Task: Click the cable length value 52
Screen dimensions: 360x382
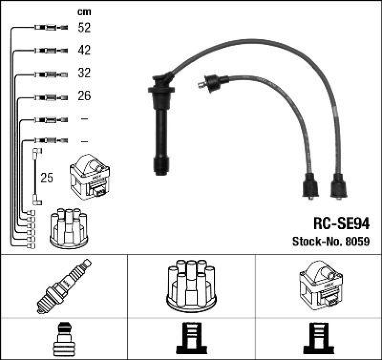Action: [84, 28]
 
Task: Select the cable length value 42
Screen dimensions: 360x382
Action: [84, 50]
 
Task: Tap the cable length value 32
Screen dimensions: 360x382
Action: [84, 73]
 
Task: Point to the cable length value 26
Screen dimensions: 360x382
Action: [84, 96]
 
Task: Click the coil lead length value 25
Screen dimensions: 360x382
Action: [47, 178]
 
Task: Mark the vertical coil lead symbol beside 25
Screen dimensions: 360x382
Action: [35, 177]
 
